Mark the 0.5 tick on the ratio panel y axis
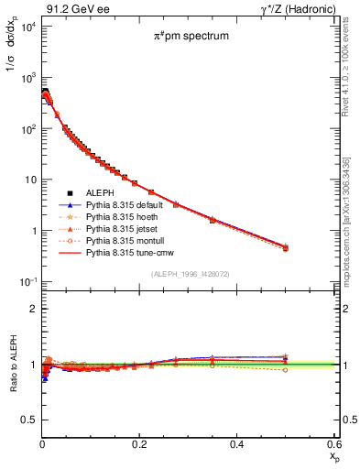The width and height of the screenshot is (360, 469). pos(29,420)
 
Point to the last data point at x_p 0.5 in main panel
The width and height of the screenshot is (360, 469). pos(286,247)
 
